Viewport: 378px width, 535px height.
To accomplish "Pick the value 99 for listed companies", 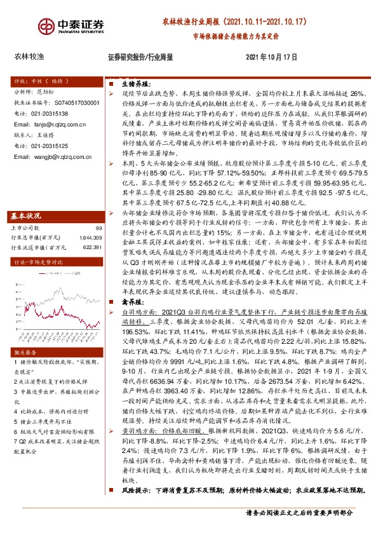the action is [98, 228].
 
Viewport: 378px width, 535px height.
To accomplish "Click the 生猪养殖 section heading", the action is [131, 83].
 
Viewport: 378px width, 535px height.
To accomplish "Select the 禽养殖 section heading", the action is [129, 304].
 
